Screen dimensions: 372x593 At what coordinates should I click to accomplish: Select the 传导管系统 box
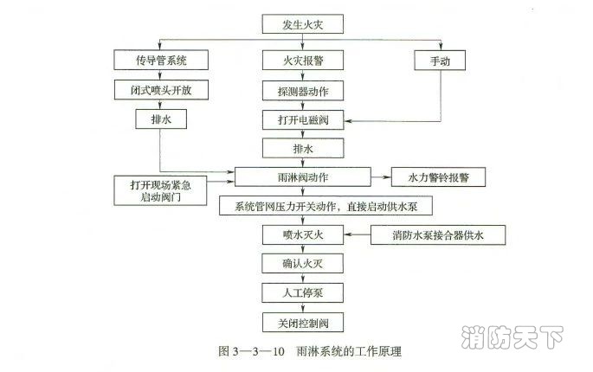[x=162, y=61]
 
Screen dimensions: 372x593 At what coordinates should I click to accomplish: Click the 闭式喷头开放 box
[x=162, y=90]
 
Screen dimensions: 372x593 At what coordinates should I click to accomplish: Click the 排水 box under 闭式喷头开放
[x=162, y=119]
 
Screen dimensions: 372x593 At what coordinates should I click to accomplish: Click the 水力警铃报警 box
[x=438, y=177]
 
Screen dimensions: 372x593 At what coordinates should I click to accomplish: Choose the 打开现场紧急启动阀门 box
[x=162, y=190]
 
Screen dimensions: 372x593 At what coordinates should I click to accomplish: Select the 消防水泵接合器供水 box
[x=438, y=235]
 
